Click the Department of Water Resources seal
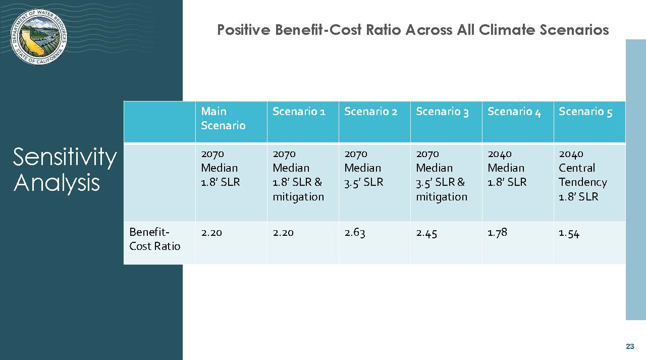[39, 37]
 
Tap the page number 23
[630, 346]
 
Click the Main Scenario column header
[223, 118]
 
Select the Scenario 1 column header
[299, 112]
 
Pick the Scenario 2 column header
[371, 112]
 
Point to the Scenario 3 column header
[443, 112]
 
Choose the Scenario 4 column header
[514, 112]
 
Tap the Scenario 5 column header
[585, 112]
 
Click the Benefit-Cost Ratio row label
[154, 239]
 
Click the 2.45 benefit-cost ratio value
[426, 233]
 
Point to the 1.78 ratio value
[497, 232]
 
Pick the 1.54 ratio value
[569, 233]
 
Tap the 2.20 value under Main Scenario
[211, 233]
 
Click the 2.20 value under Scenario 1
[283, 233]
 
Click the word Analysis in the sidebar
[57, 183]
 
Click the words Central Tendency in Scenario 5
[583, 175]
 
